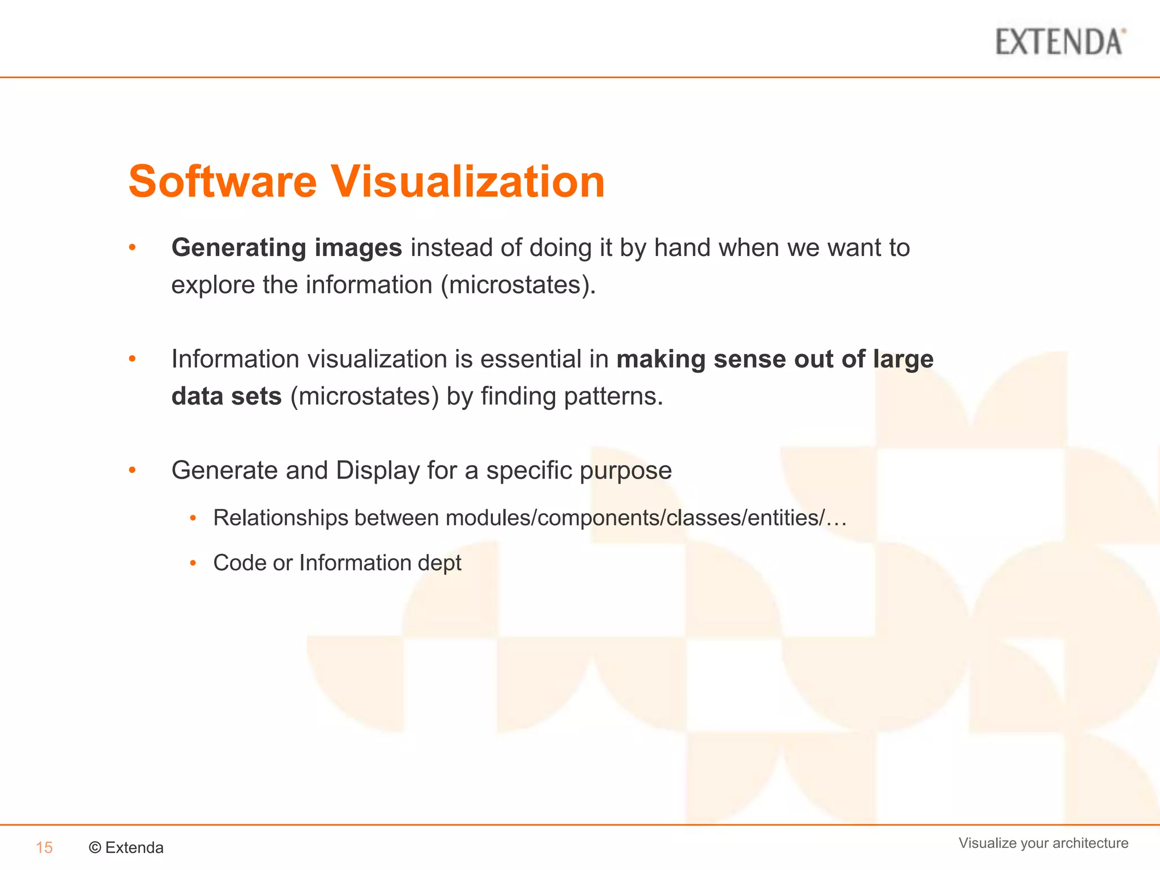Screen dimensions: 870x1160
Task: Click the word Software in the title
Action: pyautogui.click(x=223, y=182)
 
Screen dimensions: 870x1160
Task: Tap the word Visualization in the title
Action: pyautogui.click(x=468, y=182)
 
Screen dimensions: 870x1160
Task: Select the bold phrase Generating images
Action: pyautogui.click(x=287, y=248)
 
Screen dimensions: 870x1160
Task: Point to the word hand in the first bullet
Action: pyautogui.click(x=682, y=248)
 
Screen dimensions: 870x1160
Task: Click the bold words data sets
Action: pyautogui.click(x=227, y=396)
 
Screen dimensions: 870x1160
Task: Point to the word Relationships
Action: pyautogui.click(x=280, y=518)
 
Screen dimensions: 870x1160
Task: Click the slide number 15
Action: pyautogui.click(x=44, y=847)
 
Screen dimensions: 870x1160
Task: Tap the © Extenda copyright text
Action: pyautogui.click(x=126, y=847)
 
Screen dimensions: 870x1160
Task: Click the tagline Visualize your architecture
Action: pyautogui.click(x=1043, y=843)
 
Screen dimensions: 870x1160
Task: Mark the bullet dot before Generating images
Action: pyautogui.click(x=133, y=248)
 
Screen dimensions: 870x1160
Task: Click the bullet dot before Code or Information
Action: pyautogui.click(x=193, y=563)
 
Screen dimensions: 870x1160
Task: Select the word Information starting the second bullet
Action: pyautogui.click(x=235, y=359)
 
